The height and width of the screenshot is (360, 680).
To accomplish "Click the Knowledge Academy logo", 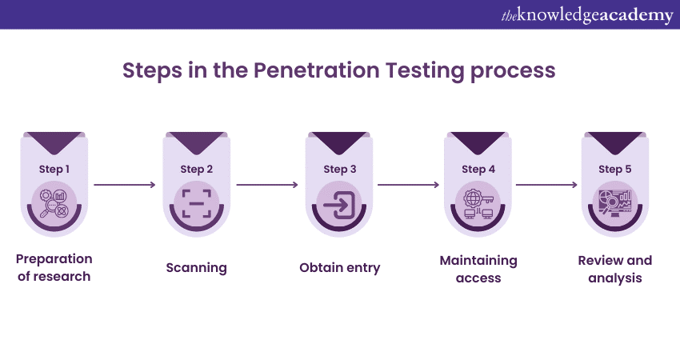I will click(x=586, y=15).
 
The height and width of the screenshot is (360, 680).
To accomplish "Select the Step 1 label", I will click(x=54, y=169).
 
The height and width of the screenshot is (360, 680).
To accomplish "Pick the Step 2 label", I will click(x=197, y=169).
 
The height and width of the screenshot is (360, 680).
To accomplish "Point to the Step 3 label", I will click(x=340, y=169).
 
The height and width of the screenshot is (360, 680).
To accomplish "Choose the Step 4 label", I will click(x=478, y=169).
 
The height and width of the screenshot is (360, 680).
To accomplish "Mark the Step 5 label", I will click(x=615, y=169).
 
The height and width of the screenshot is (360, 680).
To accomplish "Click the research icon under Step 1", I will click(x=54, y=204).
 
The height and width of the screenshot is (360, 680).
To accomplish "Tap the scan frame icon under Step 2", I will click(x=197, y=204).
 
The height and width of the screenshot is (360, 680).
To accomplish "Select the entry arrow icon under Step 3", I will click(x=340, y=204).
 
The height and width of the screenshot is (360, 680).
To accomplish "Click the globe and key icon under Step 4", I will click(x=478, y=204).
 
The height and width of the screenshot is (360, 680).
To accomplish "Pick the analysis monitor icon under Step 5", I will click(x=615, y=204).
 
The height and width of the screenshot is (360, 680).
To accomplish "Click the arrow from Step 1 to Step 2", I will click(x=125, y=185).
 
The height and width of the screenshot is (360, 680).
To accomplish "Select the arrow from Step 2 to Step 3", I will click(x=267, y=185).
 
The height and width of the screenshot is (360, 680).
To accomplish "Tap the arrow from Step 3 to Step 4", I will click(x=409, y=185).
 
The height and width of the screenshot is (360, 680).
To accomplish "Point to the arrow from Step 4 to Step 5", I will click(x=546, y=185).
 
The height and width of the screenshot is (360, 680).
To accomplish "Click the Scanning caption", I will click(x=197, y=268).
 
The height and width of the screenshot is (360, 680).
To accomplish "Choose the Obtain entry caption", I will click(x=340, y=268).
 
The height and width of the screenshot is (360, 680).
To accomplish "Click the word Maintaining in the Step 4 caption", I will click(x=478, y=261).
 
